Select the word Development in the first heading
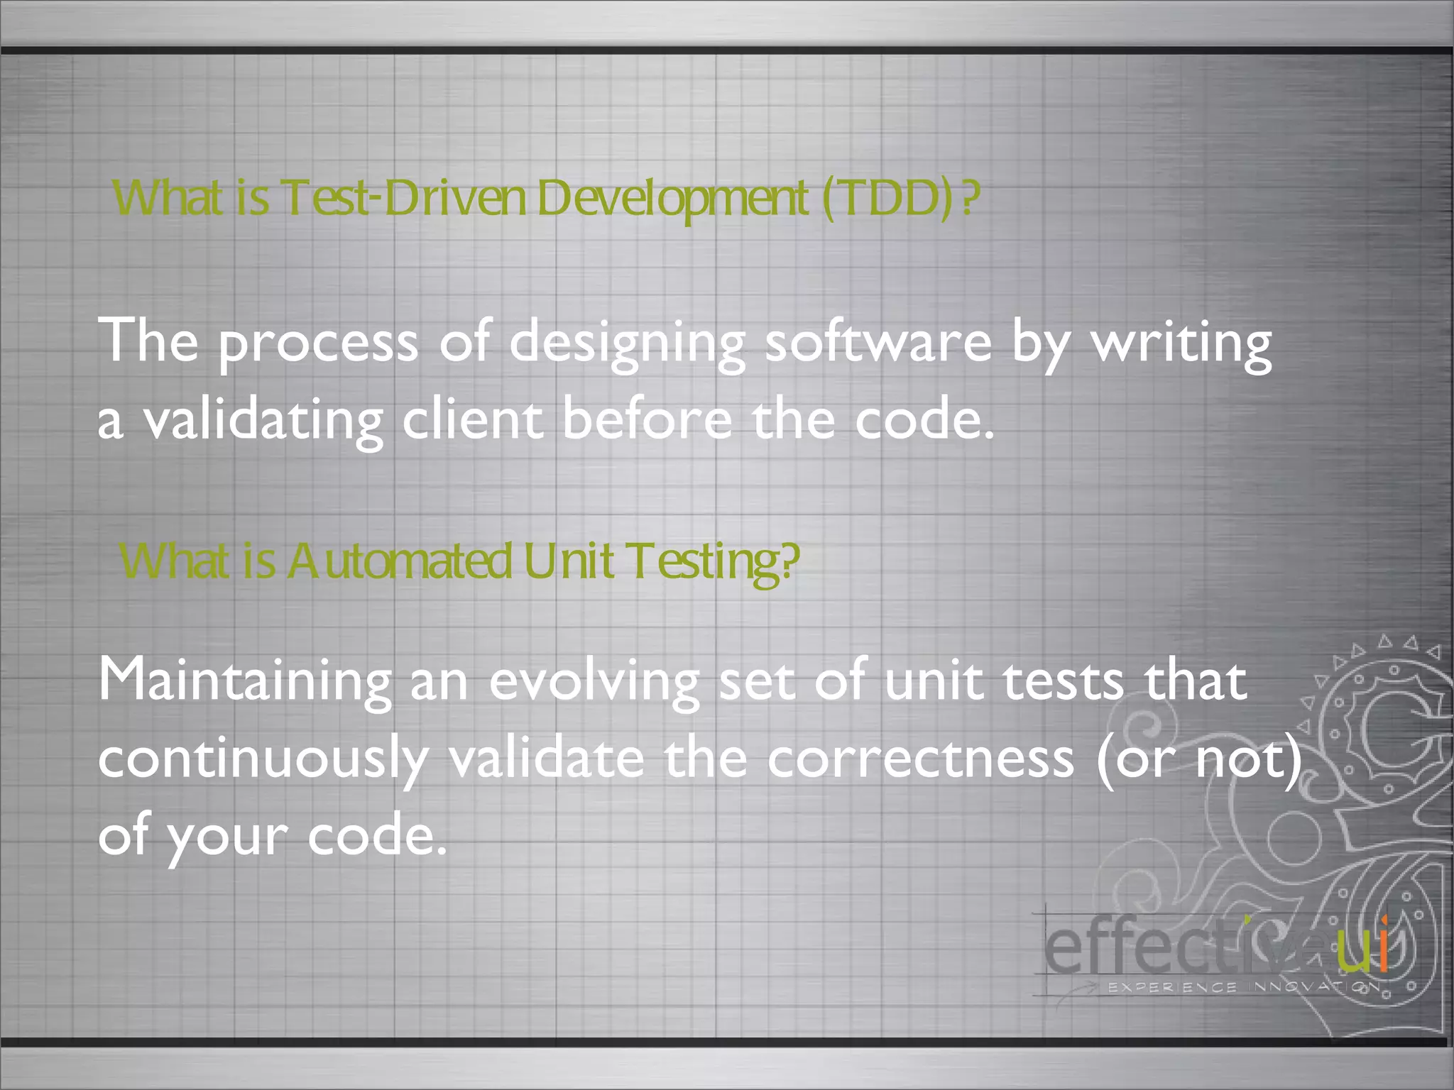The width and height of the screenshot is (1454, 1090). pyautogui.click(x=672, y=200)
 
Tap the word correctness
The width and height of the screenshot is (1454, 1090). pyautogui.click(x=921, y=758)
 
